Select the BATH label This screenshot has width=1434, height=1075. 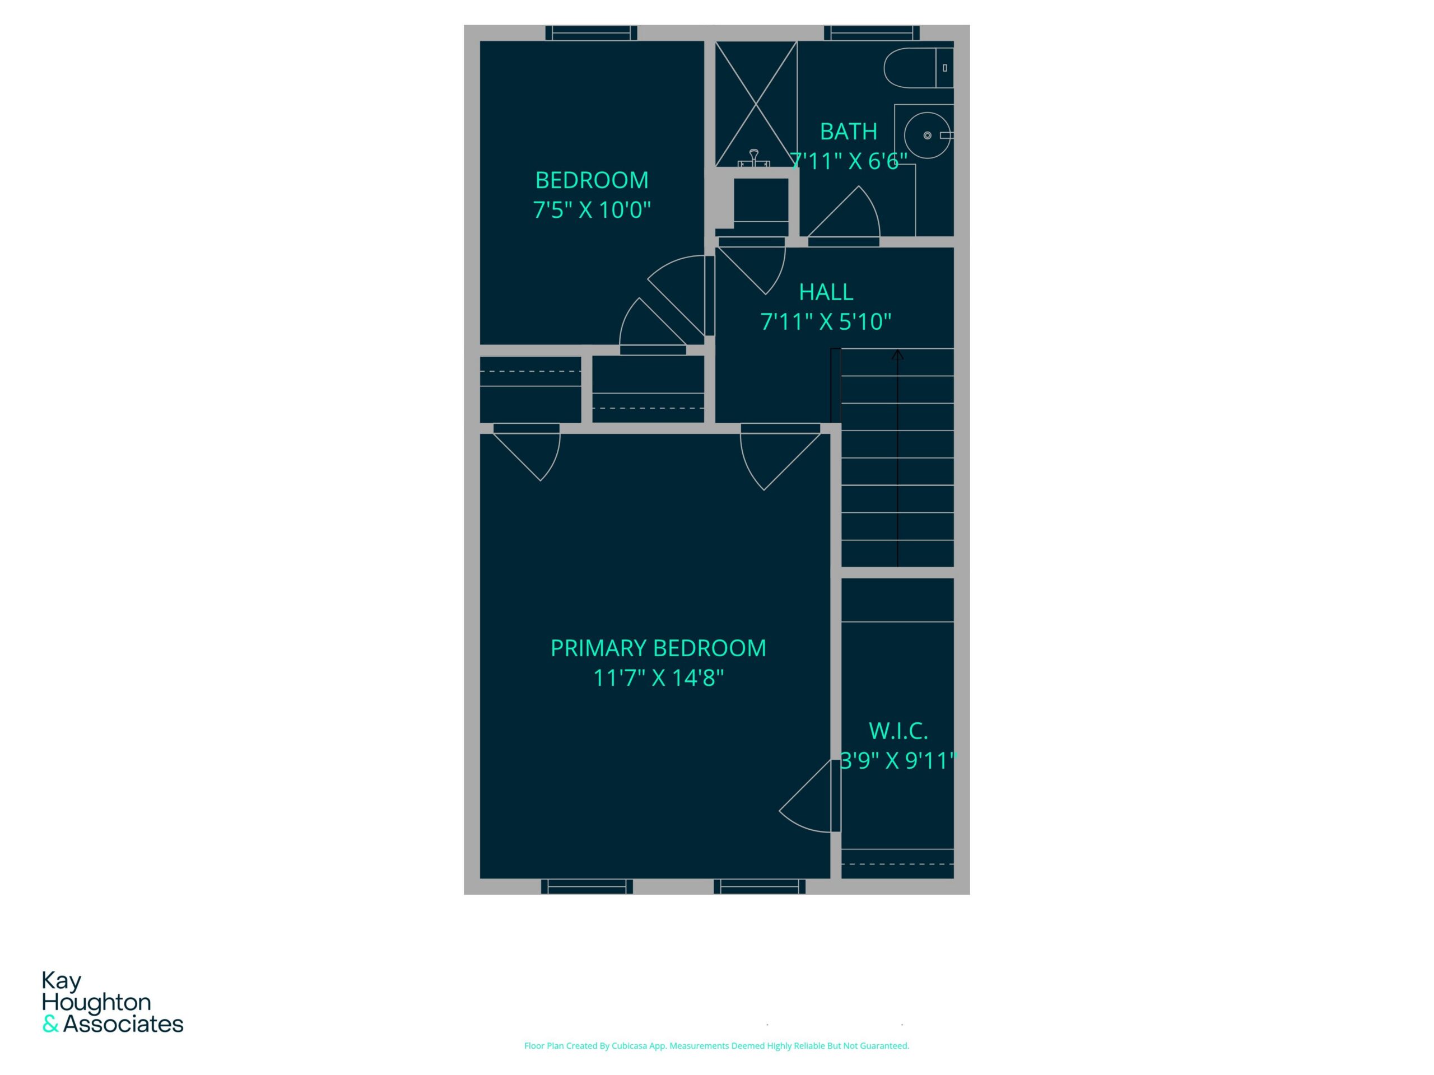[x=849, y=132]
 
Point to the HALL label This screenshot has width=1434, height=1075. [x=826, y=292]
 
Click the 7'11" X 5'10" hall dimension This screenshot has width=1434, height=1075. [x=826, y=321]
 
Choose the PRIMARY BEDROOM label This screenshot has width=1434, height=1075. [x=658, y=648]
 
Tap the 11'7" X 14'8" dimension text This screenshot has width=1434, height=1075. [x=658, y=678]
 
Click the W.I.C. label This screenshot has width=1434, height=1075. [x=898, y=731]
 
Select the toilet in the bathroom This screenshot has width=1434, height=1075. [x=919, y=67]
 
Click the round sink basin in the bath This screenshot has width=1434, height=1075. [x=928, y=135]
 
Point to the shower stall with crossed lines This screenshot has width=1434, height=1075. [x=756, y=104]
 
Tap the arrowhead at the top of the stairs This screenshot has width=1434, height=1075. [x=898, y=354]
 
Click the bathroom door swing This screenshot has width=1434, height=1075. [x=844, y=214]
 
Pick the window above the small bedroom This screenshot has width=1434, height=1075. [x=591, y=33]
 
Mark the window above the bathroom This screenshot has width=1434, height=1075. [x=872, y=33]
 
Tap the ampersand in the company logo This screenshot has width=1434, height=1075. [x=50, y=1025]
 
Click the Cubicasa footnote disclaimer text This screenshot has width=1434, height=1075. [x=716, y=1046]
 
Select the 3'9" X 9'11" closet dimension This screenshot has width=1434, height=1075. [x=898, y=761]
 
